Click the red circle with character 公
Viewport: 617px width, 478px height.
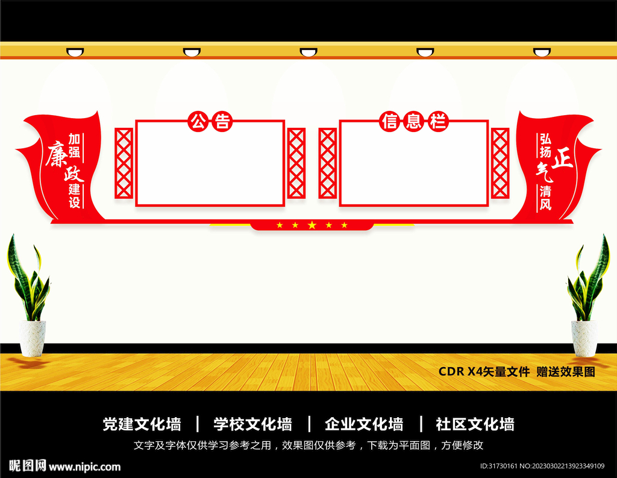(198, 121)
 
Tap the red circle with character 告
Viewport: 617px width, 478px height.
(222, 121)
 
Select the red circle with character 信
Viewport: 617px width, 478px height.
(390, 121)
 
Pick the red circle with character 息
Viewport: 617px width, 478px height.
(413, 121)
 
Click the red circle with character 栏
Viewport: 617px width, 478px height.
(437, 121)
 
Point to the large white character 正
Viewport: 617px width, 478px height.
(562, 158)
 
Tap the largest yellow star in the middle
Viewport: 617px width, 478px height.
(312, 225)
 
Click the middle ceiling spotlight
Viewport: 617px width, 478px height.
(308, 52)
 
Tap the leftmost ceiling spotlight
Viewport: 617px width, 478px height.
(75, 52)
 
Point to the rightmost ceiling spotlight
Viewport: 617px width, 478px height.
(542, 52)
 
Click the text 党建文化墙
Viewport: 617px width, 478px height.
(142, 424)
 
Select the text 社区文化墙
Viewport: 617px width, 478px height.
(475, 424)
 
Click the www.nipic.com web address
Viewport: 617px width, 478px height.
(84, 467)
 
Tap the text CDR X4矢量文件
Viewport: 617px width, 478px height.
(484, 371)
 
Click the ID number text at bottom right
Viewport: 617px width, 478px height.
(542, 466)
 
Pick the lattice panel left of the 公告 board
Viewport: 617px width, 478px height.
(124, 163)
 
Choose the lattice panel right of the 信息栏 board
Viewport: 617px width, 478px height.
(500, 163)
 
